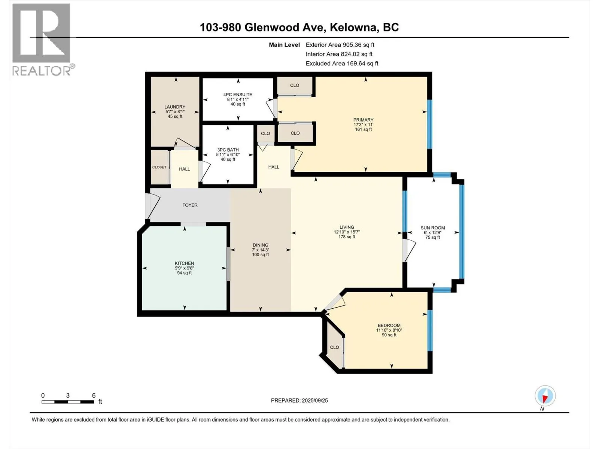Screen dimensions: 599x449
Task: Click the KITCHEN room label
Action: (185, 263)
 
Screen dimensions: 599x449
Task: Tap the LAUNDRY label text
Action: (175, 107)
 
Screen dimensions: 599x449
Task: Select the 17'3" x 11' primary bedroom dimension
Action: (363, 125)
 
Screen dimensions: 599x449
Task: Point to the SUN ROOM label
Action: (432, 227)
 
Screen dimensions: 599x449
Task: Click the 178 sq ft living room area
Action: (347, 236)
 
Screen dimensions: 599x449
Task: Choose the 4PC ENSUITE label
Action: (238, 95)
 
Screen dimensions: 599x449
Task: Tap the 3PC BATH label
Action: (228, 150)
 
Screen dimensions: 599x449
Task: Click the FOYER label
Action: (190, 205)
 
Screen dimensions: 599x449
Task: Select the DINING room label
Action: (260, 245)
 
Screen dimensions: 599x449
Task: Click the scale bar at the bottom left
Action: (68, 402)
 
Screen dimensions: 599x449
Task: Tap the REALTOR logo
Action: (43, 40)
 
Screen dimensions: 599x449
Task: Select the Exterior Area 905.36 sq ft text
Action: (340, 45)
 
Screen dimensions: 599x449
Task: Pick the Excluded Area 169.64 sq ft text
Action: (342, 63)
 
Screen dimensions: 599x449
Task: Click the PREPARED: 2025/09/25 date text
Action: (299, 400)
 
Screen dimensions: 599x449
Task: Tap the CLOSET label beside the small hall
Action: (159, 167)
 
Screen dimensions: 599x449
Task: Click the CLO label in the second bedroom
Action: (334, 347)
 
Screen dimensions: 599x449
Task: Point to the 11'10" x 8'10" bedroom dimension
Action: (389, 330)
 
